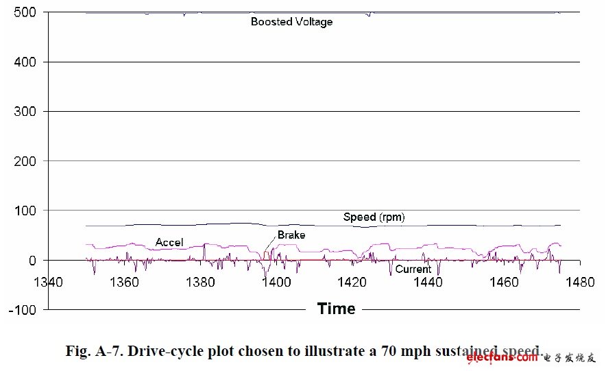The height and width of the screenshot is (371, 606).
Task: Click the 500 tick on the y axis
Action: (25, 12)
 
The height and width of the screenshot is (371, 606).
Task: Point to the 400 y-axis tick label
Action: (25, 62)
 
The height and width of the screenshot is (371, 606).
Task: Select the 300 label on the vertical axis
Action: (25, 112)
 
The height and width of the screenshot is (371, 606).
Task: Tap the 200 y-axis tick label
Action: (25, 161)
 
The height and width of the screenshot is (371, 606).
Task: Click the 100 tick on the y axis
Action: (25, 211)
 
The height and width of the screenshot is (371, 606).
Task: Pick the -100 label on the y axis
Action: (22, 310)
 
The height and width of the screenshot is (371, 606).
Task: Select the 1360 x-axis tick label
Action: (123, 281)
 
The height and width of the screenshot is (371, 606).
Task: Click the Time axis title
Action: (336, 309)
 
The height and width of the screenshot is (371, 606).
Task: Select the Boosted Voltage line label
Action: (291, 22)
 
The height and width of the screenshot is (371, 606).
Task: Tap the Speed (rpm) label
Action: (374, 217)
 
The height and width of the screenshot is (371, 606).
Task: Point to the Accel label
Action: (170, 242)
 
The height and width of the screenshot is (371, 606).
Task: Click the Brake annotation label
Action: (291, 235)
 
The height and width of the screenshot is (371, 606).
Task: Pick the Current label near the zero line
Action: (413, 269)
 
